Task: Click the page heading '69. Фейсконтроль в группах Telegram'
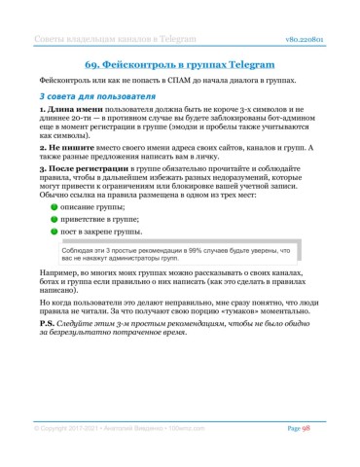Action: click(x=180, y=61)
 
